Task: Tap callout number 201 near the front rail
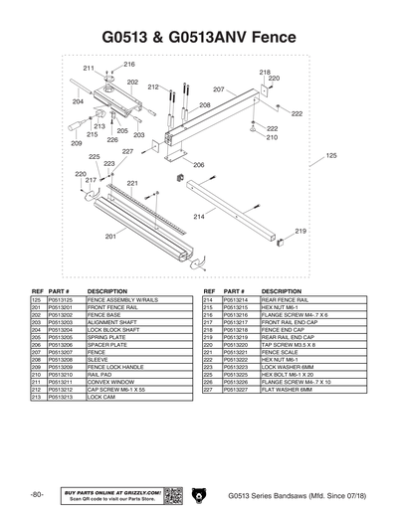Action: pos(110,237)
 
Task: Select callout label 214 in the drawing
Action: pos(198,217)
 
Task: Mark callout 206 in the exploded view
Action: pos(198,165)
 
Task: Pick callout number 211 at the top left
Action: pos(89,68)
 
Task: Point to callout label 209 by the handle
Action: pos(77,143)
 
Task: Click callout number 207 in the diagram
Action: pos(218,90)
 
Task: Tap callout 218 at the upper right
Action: pos(265,73)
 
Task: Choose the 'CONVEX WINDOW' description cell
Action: pos(108,381)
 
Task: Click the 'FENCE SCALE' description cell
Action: pos(281,351)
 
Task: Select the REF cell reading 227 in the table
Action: pos(208,389)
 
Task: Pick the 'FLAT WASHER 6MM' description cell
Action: pos(287,389)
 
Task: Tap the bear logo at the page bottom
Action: pos(199,495)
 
